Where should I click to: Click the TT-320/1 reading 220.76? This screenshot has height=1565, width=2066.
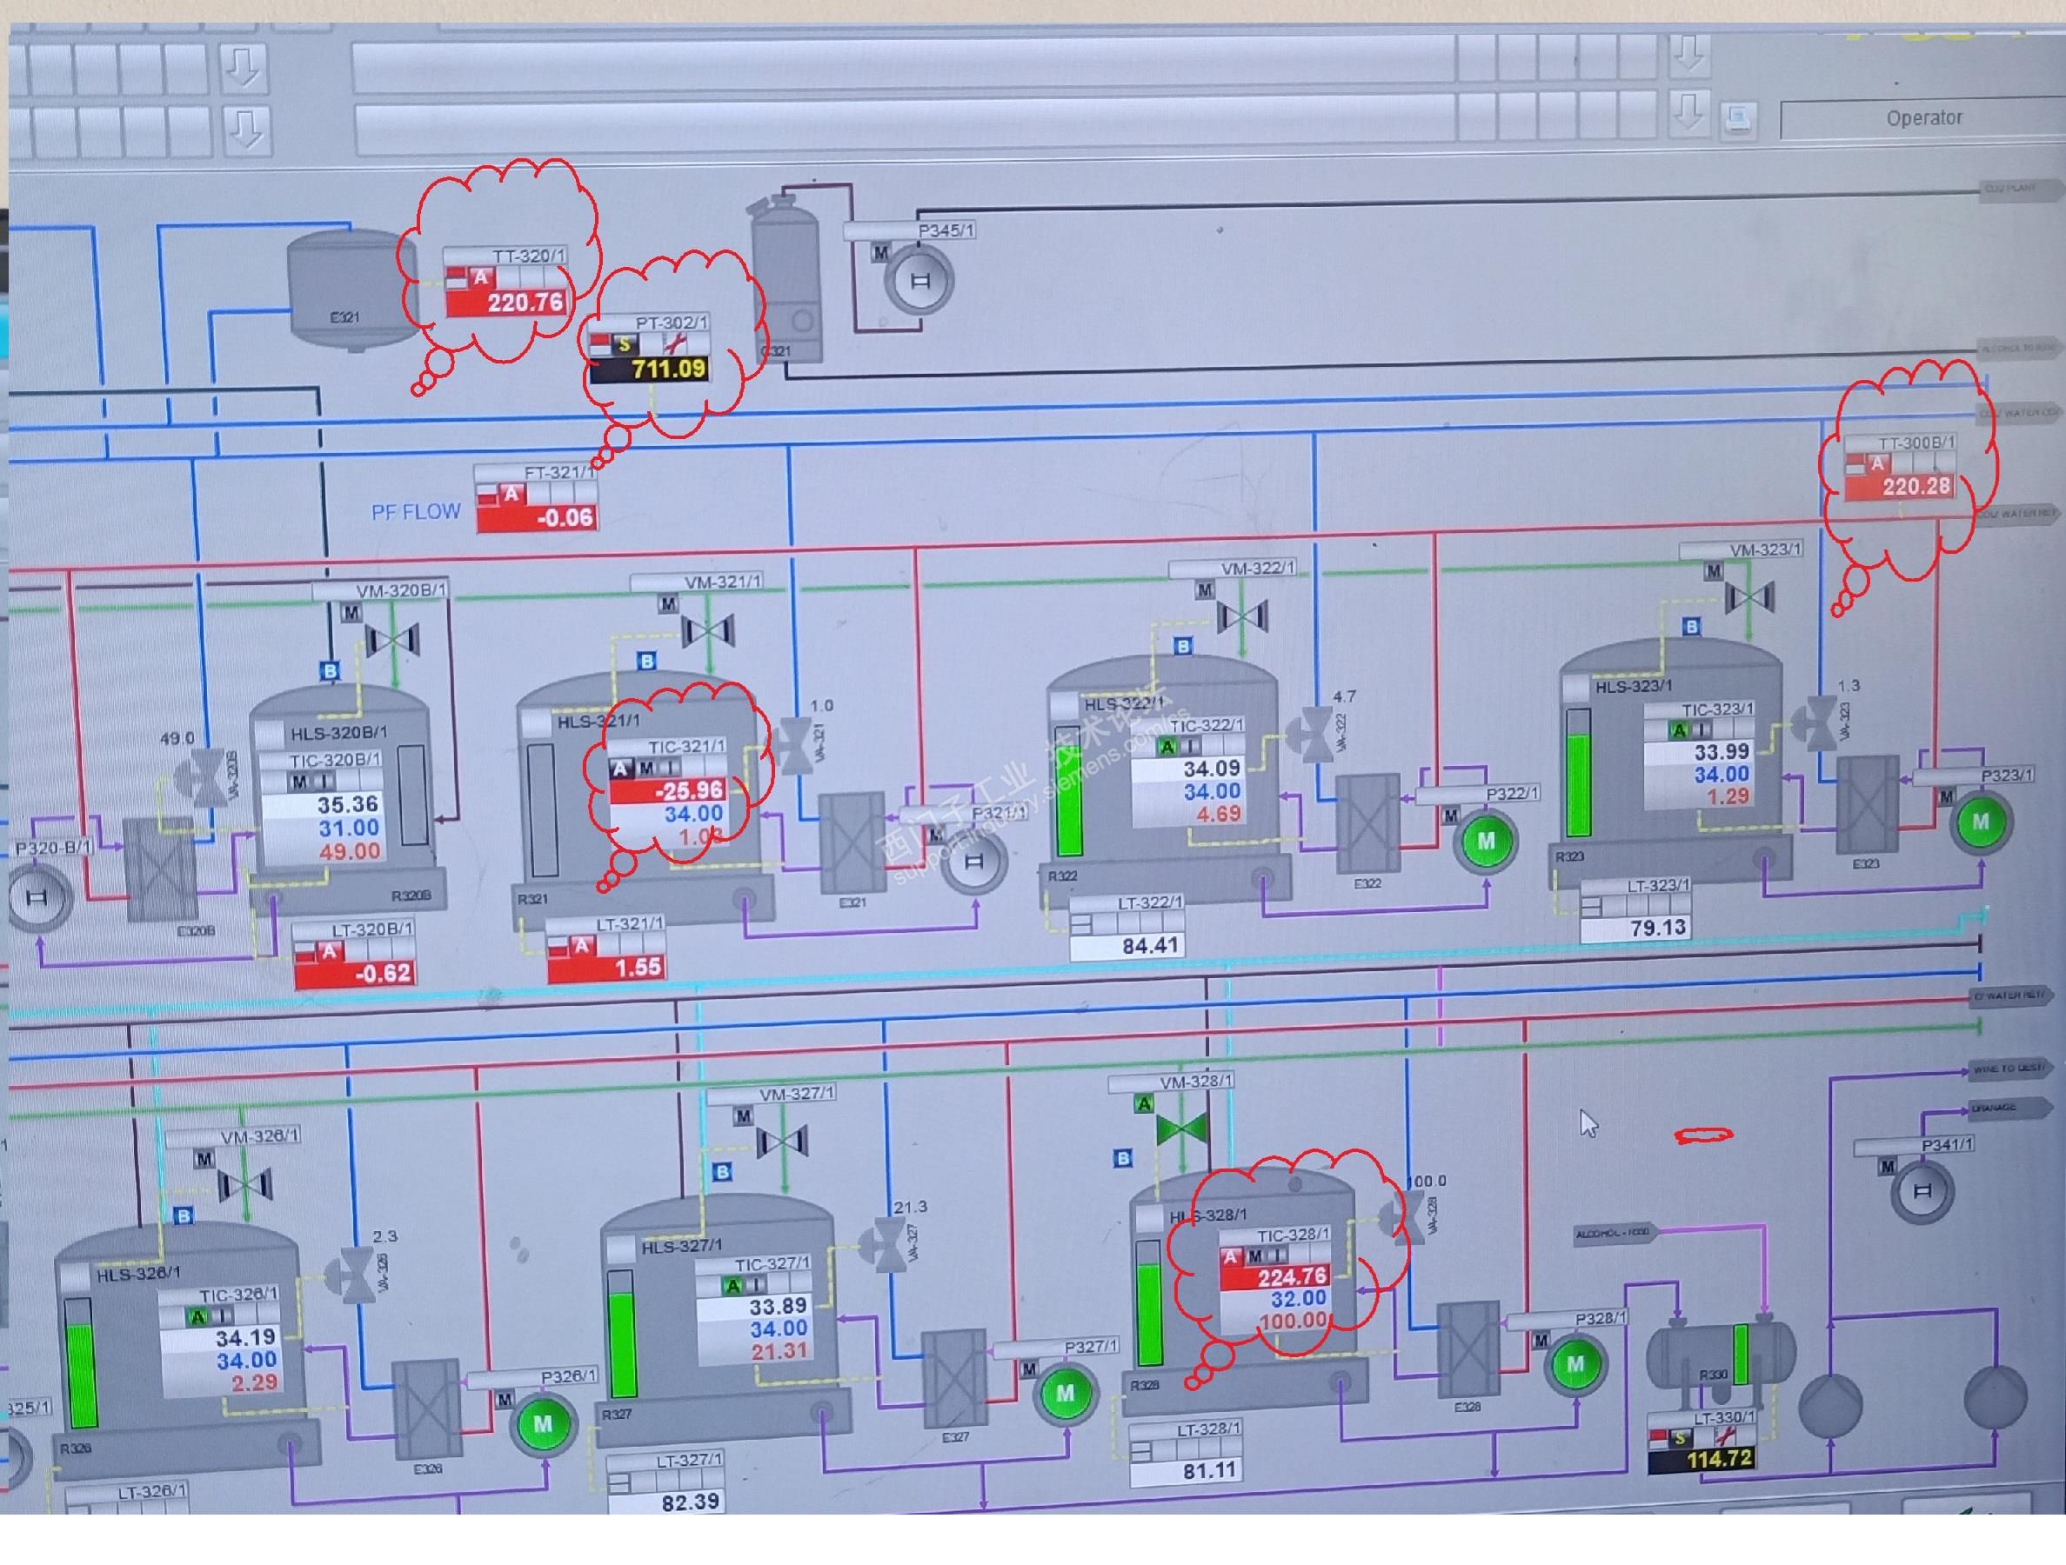click(524, 303)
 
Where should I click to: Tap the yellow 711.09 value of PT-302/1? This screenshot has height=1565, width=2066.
click(668, 369)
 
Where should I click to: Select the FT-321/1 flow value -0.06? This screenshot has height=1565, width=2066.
click(565, 517)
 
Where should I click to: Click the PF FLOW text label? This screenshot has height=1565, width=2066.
click(416, 512)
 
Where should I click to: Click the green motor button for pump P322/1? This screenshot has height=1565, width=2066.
click(1485, 842)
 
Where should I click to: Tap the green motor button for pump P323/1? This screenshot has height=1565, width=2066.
click(1980, 822)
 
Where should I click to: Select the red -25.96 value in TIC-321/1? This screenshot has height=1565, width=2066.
click(688, 791)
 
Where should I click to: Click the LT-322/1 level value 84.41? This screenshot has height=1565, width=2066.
click(1150, 946)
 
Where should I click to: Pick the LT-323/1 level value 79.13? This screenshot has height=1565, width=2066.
click(1657, 927)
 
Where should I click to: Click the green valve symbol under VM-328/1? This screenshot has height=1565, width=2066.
click(1181, 1130)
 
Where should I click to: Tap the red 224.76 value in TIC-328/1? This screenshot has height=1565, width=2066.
click(1292, 1276)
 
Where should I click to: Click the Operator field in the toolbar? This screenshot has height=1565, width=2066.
click(1923, 118)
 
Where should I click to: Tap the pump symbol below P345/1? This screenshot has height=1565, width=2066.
click(919, 280)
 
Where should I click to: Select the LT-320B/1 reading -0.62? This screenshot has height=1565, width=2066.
click(382, 973)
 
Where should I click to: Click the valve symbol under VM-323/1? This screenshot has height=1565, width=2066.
click(1748, 597)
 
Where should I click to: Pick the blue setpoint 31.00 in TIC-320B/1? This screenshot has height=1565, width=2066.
click(347, 829)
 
